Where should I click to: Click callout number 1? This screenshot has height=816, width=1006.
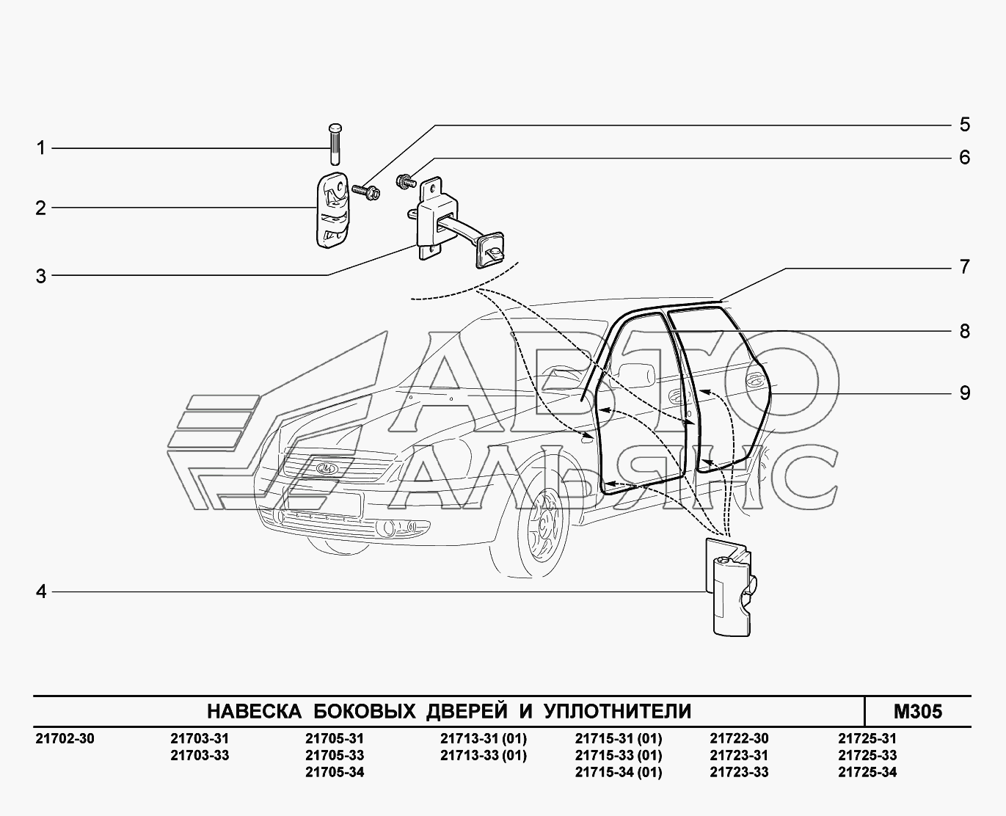[41, 148]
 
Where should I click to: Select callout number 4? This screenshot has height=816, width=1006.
[41, 591]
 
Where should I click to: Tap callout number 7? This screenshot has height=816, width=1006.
[964, 267]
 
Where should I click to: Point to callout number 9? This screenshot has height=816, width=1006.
[964, 393]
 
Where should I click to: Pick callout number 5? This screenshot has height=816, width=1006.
[964, 125]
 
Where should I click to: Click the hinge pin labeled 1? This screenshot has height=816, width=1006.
[335, 144]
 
